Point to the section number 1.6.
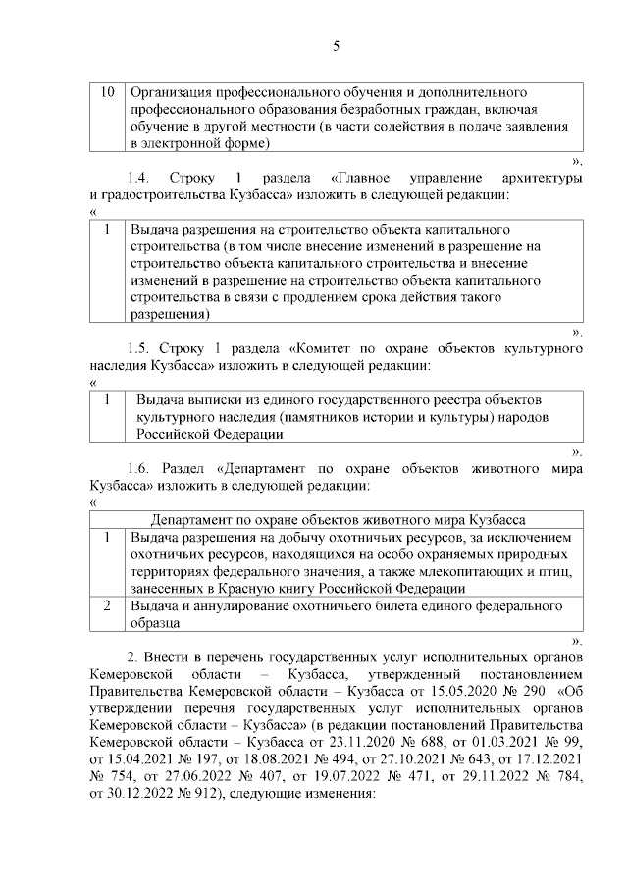coord(142,467)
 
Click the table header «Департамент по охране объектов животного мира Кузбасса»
coord(338,519)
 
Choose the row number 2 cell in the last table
coord(107,605)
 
